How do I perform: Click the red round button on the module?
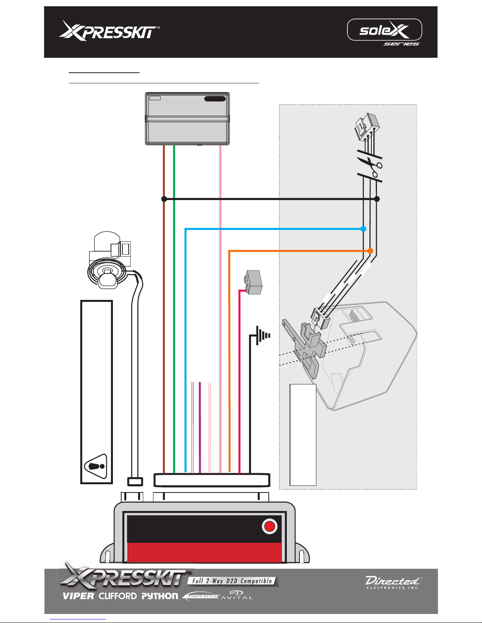coord(270,526)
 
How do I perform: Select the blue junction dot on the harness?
coord(364,229)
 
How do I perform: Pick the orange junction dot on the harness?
coord(370,251)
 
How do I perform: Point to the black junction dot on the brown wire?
coord(164,199)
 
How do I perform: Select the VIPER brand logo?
coord(78,596)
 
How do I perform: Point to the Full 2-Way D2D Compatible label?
coord(232,581)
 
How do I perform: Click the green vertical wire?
coord(174,314)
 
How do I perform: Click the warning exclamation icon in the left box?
coord(96,466)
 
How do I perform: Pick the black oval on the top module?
coord(215,99)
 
